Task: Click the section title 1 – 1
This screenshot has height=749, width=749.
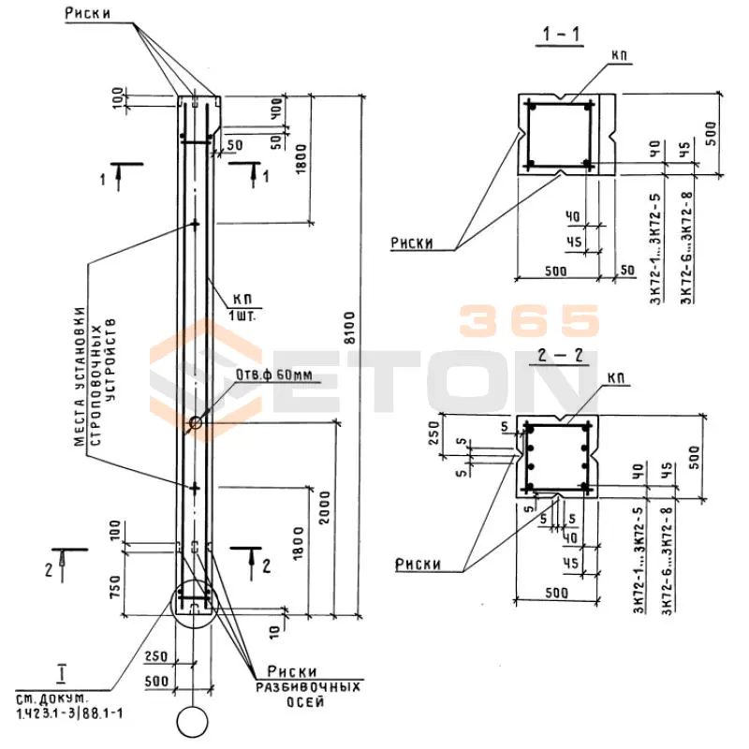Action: (560, 37)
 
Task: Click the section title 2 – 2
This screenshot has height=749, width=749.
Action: (558, 357)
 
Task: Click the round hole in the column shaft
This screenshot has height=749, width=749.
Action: (196, 423)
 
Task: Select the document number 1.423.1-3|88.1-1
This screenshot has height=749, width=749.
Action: (70, 713)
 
